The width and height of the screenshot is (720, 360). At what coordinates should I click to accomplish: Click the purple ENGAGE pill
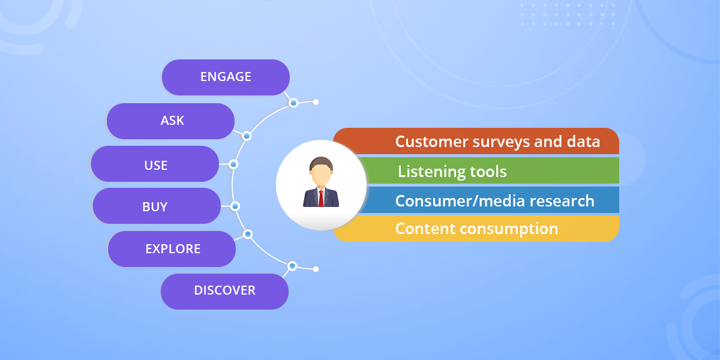click(226, 77)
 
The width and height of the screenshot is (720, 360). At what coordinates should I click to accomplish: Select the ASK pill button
click(170, 121)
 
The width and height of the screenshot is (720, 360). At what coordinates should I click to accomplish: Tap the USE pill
click(155, 164)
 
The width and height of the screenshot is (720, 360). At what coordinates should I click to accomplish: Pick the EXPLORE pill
click(172, 248)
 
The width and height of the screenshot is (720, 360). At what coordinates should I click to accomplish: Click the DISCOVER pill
click(224, 291)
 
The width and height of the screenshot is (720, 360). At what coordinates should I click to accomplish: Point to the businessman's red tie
click(321, 197)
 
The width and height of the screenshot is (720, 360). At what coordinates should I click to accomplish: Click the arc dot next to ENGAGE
click(293, 103)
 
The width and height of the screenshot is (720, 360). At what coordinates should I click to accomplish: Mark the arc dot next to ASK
click(246, 136)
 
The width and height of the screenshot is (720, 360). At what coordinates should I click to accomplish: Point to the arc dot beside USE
click(233, 164)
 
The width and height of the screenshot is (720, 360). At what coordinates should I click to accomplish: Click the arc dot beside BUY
click(235, 206)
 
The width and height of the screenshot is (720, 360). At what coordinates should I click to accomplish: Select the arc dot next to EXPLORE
click(247, 234)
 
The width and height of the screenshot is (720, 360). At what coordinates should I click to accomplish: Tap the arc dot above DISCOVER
click(292, 266)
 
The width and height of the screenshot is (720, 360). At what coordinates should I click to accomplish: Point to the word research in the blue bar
click(559, 200)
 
